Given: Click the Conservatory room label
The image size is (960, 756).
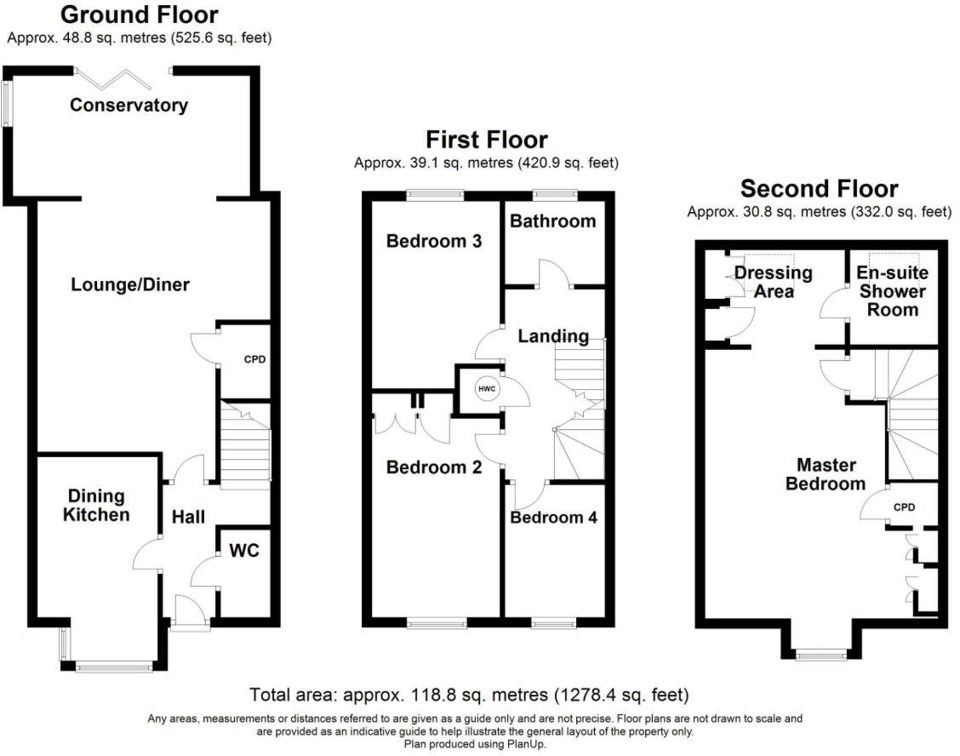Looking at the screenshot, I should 129,106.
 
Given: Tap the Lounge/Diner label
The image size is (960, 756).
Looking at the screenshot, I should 129,284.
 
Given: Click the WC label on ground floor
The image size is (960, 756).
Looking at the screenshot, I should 243,551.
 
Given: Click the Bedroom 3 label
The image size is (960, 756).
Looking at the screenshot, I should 434,241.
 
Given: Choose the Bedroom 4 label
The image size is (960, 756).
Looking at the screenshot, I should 554,518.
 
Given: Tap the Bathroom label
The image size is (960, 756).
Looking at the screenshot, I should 552,221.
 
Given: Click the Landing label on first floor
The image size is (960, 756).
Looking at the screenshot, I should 553,336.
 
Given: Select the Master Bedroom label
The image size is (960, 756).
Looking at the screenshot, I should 826,474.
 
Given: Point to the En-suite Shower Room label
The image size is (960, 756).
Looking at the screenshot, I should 891,291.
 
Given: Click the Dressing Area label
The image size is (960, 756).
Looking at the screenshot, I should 773,283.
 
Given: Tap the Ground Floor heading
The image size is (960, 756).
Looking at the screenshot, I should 140,14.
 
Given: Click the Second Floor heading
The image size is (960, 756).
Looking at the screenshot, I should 819,188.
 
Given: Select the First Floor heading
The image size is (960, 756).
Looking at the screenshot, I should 486,140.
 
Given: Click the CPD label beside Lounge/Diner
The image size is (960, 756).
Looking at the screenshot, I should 254,359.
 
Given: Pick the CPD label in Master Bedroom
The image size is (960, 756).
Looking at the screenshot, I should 903,507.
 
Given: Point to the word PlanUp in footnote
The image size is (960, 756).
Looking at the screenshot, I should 523,743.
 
